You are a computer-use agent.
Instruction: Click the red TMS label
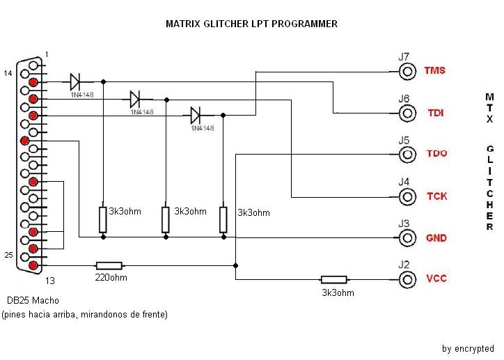(434, 70)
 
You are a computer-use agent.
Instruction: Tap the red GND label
(436, 238)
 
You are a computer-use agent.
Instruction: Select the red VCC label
(436, 279)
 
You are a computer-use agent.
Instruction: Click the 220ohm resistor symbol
(109, 265)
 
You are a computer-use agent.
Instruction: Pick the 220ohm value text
(109, 278)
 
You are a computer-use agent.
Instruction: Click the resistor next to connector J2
(333, 279)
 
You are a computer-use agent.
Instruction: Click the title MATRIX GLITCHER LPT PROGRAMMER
(251, 24)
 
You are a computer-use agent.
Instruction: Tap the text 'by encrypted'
(468, 348)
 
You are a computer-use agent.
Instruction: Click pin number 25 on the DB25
(9, 256)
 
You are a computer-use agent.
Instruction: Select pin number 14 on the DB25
(9, 72)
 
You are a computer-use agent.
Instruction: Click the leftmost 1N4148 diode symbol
(77, 81)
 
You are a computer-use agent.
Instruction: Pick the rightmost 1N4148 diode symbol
(196, 114)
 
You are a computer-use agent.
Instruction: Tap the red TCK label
(436, 196)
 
